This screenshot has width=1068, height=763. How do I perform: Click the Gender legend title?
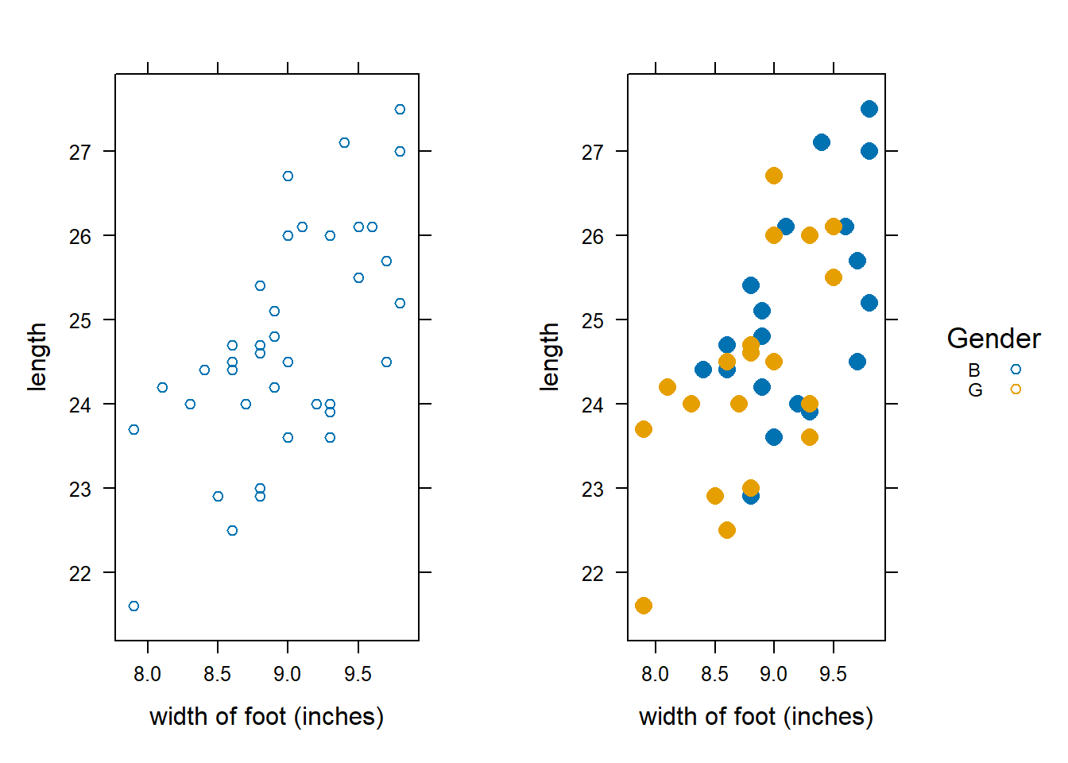click(x=993, y=339)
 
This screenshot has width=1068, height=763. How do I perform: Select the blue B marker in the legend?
click(x=1016, y=370)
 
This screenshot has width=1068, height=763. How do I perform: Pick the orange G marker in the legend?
click(x=1016, y=389)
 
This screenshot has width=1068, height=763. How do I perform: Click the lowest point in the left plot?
click(x=133, y=606)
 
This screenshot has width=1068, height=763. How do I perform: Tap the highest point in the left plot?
click(x=400, y=110)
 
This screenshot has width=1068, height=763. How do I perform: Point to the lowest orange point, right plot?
click(x=644, y=606)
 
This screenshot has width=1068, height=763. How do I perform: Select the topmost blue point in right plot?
click(x=869, y=109)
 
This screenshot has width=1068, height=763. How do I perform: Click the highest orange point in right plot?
click(x=774, y=176)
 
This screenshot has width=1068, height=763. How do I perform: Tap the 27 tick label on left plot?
click(x=80, y=152)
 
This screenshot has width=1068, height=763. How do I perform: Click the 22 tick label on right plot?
click(x=593, y=574)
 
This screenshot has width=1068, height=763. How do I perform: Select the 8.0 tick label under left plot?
click(x=148, y=675)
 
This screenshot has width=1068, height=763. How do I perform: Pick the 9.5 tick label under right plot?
click(x=833, y=675)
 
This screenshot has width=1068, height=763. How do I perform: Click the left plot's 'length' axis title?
click(x=37, y=357)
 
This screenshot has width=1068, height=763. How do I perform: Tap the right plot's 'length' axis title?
click(x=549, y=357)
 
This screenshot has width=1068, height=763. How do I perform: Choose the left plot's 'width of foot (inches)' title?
click(x=266, y=717)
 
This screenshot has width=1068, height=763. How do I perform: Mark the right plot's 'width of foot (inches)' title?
click(x=756, y=717)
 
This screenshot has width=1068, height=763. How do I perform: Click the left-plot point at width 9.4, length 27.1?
click(x=344, y=143)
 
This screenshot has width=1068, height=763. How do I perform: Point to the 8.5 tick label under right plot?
click(x=714, y=675)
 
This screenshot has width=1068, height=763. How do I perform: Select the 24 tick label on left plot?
click(x=80, y=405)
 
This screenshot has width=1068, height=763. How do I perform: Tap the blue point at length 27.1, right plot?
click(x=822, y=142)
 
